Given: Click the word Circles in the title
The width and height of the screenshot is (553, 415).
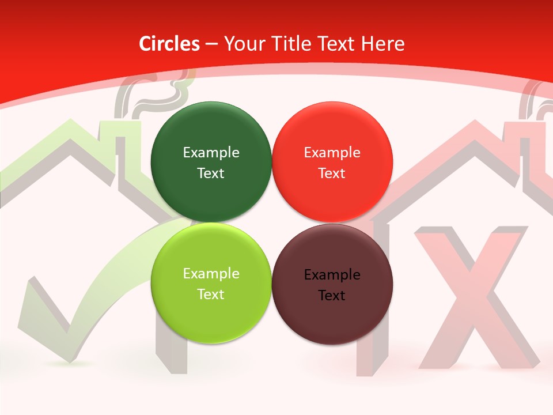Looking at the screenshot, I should click(169, 44).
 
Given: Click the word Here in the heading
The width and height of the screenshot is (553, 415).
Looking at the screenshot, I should click(383, 44).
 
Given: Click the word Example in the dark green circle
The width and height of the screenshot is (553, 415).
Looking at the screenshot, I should click(211, 153).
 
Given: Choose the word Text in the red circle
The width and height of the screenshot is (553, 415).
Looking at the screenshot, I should click(332, 173).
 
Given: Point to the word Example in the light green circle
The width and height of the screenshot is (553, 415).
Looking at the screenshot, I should click(211, 274).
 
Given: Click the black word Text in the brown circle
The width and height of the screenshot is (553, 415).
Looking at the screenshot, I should click(332, 296).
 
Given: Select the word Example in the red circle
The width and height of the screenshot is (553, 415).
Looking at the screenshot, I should click(332, 153).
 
